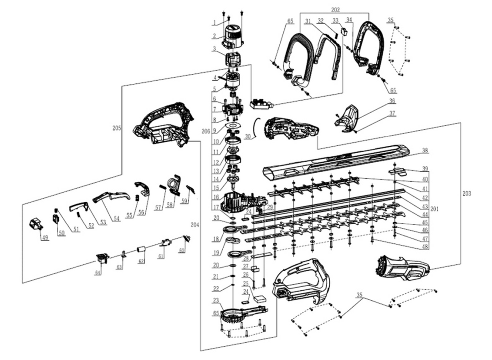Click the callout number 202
(335, 9)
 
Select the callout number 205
(117, 128)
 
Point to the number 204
(195, 225)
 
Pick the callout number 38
(425, 150)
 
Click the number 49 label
(45, 238)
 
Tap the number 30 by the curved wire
(247, 136)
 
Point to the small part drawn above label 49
(36, 224)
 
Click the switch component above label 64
(102, 258)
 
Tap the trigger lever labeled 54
(111, 196)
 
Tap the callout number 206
(205, 130)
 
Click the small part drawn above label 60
(186, 238)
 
